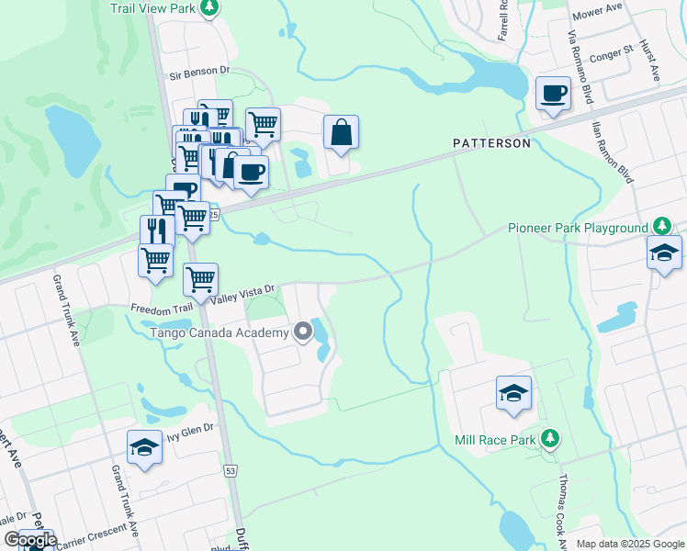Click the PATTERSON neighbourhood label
coord(491,143)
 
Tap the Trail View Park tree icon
coord(210,8)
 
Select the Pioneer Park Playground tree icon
coord(660,227)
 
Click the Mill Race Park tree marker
coord(549,439)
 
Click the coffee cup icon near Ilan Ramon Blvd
coord(553,93)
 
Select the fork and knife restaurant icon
coord(157,230)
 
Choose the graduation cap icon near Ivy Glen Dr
coord(144,447)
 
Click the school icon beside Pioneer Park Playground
coord(664,253)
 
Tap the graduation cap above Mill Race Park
coord(513,393)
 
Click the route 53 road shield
coord(231,470)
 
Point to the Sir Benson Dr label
coord(197,70)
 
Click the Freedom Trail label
coord(167,309)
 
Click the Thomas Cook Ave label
coord(558,502)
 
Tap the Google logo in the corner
coord(29,540)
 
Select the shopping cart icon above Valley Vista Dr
coord(200,277)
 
